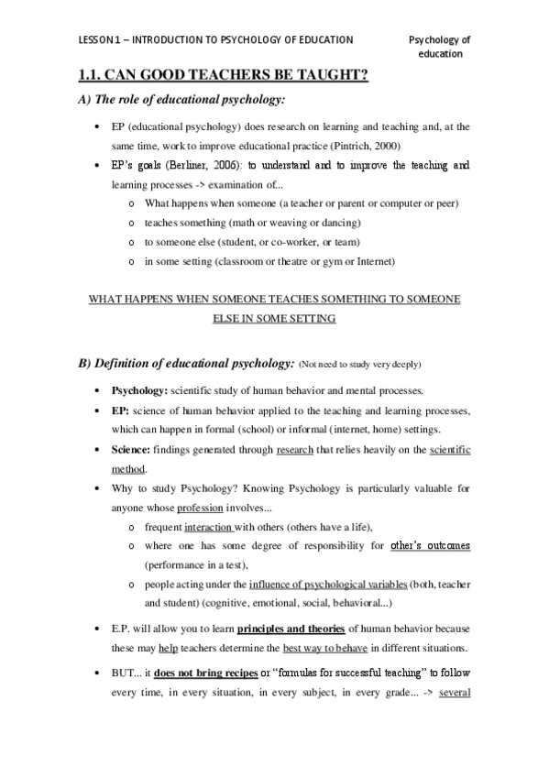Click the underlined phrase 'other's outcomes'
pos(430,546)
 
